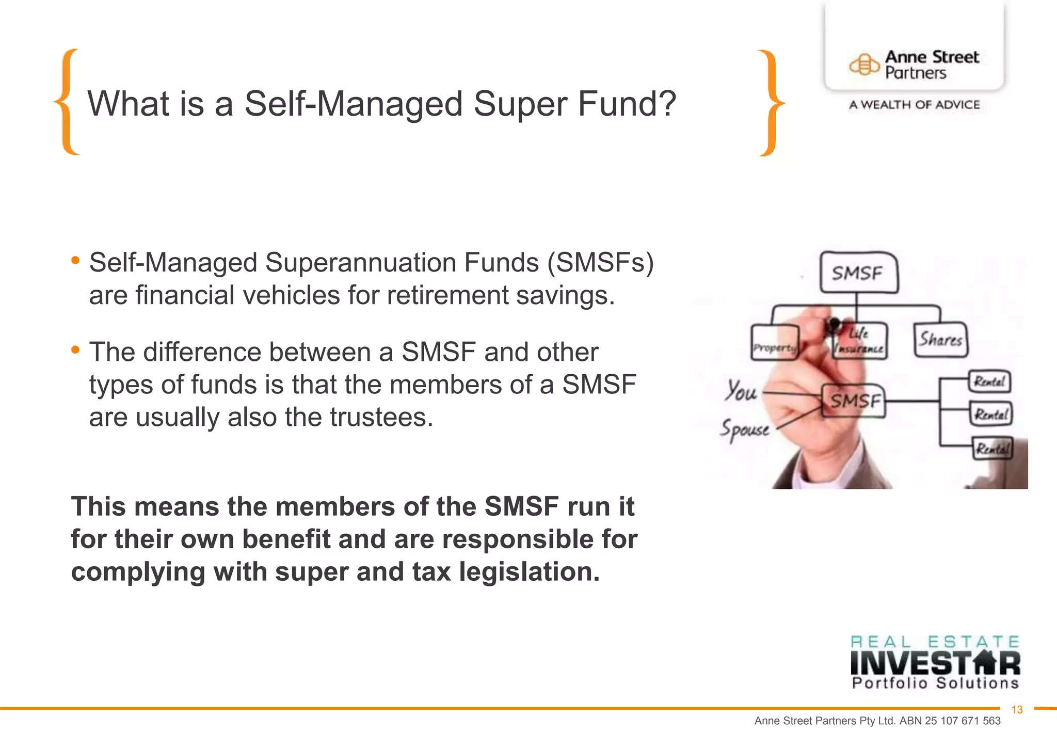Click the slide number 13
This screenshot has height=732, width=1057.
1017,710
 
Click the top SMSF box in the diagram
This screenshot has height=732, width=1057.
858,273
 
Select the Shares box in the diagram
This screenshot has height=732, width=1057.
940,340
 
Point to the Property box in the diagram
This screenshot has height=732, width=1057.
774,343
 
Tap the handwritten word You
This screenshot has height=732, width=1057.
741,391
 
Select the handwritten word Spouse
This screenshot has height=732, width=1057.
745,429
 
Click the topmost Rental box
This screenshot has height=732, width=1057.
989,382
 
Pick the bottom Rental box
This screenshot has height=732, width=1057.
992,448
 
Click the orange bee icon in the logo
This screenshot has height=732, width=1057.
864,65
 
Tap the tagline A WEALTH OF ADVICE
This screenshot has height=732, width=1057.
914,105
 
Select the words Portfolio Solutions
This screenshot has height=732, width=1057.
935,683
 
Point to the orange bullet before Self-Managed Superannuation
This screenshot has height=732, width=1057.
75,260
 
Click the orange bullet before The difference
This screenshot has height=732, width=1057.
75,350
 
